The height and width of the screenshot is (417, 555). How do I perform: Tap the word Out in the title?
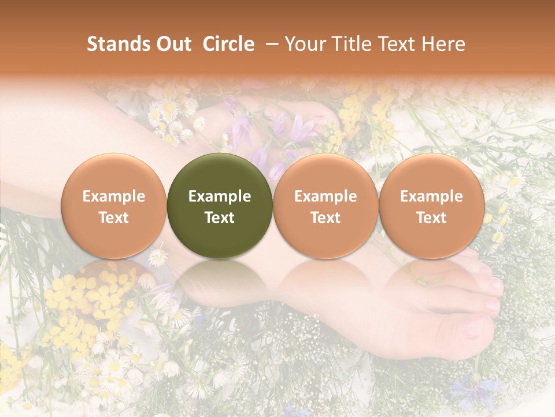click(x=172, y=44)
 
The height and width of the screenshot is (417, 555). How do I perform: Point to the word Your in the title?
click(x=305, y=44)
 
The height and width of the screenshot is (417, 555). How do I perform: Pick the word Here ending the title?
click(x=445, y=44)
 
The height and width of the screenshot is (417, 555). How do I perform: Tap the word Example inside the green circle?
click(x=220, y=196)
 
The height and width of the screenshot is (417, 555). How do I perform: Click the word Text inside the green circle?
click(x=220, y=218)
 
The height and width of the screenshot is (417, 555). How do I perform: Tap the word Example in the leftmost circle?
click(x=113, y=196)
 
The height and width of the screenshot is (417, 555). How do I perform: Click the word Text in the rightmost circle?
click(x=431, y=218)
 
